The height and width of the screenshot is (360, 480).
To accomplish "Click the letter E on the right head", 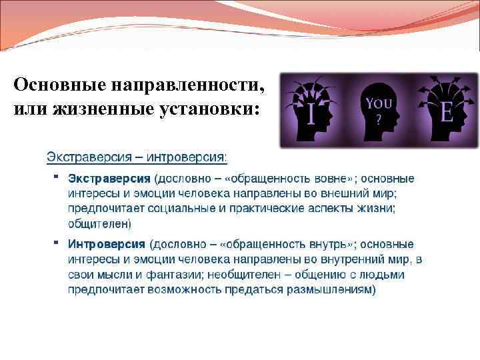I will click(446, 111).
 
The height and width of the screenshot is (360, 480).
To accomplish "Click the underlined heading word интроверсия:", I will click(189, 158).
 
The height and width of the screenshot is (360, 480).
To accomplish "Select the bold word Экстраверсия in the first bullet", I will click(110, 179).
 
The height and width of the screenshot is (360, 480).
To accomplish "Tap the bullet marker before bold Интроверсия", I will click(57, 242).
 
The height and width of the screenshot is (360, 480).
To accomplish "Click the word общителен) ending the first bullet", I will click(100, 223).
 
